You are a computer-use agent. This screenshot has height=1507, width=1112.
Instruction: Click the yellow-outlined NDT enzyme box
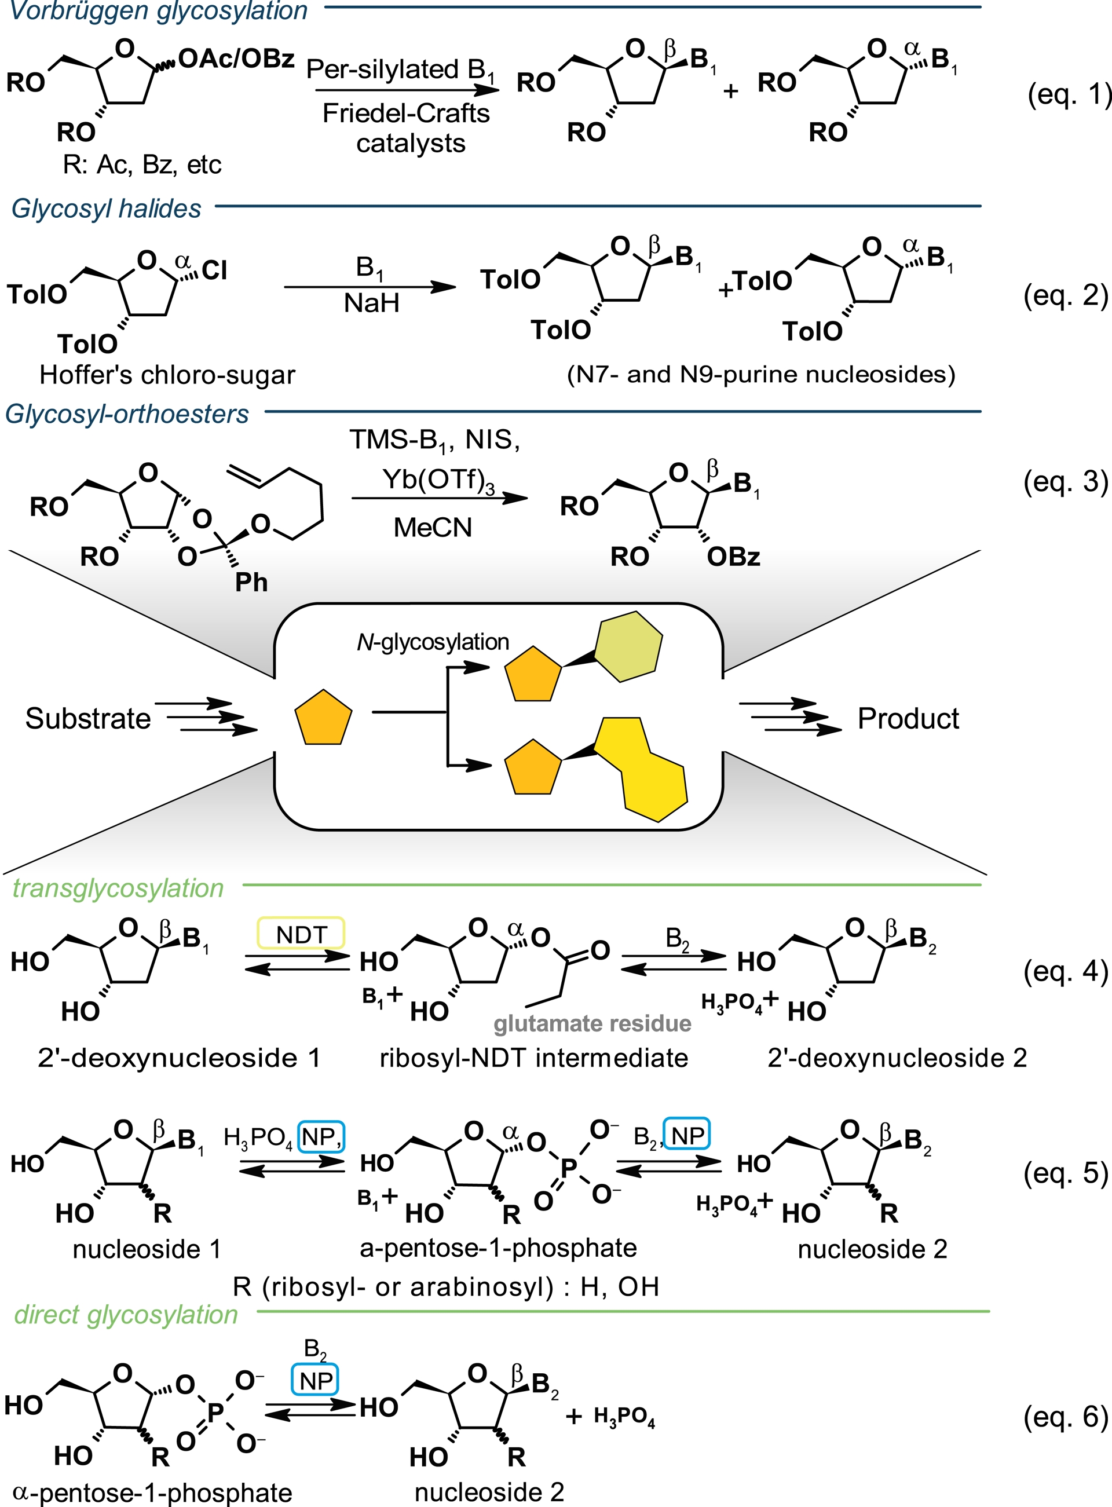(301, 934)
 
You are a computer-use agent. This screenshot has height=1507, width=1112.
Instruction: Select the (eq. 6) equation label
(1066, 1416)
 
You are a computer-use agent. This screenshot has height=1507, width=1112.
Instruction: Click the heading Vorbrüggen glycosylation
(159, 11)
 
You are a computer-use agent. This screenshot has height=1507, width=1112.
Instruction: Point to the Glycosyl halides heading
(107, 209)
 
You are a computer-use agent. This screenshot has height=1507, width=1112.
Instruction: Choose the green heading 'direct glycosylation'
(126, 1315)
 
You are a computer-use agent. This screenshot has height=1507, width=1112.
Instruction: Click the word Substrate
(87, 719)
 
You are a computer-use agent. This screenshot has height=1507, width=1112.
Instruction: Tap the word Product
(908, 719)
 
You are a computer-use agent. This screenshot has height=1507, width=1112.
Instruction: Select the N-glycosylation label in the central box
(433, 642)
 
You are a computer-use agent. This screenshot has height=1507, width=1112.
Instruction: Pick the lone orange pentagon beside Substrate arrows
(323, 718)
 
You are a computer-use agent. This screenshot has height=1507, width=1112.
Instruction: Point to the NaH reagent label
(372, 303)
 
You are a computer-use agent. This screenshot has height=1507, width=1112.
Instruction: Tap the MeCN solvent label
(433, 528)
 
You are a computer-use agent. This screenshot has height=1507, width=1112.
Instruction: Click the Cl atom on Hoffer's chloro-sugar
(214, 270)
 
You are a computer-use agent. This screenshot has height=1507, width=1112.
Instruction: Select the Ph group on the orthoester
(251, 582)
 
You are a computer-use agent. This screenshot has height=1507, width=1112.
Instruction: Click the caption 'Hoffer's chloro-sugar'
(167, 375)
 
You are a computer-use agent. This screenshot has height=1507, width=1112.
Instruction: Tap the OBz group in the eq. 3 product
(733, 557)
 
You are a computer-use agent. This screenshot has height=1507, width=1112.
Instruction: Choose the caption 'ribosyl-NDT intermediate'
(534, 1058)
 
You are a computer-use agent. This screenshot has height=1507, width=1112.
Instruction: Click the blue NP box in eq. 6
(316, 1381)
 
